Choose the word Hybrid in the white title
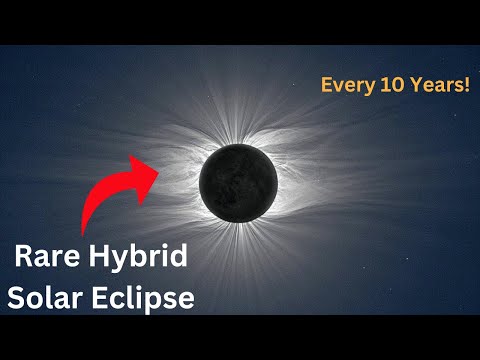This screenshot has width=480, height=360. (141, 256)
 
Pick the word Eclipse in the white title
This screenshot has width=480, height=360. (139, 298)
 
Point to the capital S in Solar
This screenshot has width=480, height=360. (17, 298)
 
